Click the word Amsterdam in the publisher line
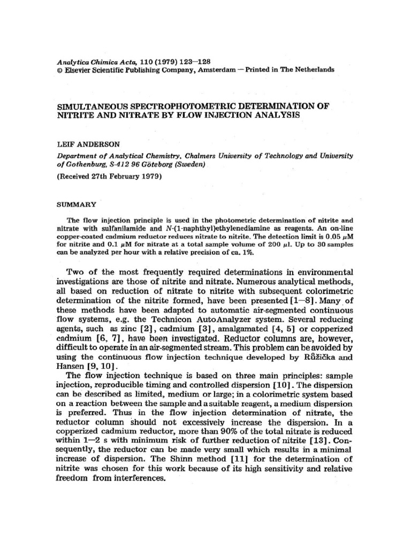pos(217,70)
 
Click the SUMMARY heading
pos(76,204)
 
